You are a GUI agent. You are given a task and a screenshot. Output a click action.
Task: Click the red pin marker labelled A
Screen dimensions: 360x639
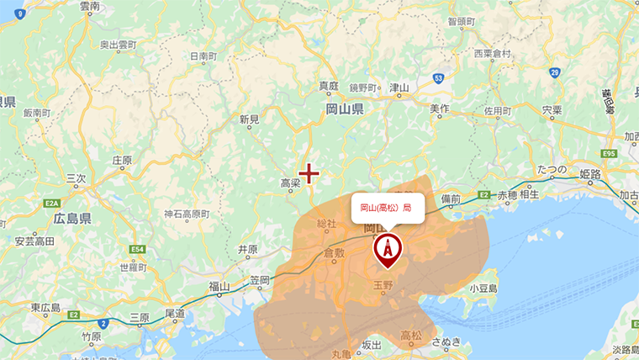coord(388,248)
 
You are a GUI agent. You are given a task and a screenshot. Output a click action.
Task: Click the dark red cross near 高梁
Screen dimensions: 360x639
coord(309,173)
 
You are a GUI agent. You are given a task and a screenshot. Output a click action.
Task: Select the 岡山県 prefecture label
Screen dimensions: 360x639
coord(344,109)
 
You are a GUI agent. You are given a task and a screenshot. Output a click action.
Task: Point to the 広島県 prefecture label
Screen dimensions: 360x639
coord(72,218)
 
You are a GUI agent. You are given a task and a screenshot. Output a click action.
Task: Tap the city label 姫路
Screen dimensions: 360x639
coord(590,174)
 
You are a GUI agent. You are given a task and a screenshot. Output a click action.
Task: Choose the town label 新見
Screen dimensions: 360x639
coord(249,119)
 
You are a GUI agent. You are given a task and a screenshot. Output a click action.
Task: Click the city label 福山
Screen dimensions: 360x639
coord(219,287)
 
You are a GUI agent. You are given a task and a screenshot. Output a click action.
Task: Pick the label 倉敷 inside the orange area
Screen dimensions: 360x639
coord(334,252)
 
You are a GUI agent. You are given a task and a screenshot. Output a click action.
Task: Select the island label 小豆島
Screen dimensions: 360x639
coord(483,288)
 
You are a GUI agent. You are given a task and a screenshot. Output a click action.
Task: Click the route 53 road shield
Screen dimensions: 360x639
coord(439,77)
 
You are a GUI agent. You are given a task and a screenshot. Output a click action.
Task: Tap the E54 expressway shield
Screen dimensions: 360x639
coord(138,250)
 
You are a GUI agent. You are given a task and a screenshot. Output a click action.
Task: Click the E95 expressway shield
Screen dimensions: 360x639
coord(610,154)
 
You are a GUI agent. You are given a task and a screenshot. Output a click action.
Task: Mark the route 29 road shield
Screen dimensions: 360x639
coord(555,72)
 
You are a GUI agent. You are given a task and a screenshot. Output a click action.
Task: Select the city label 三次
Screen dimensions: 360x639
coord(76,178)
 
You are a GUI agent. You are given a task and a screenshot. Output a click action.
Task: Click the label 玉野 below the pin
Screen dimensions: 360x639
coord(383,285)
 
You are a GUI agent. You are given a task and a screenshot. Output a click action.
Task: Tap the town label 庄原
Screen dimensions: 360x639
coord(122,160)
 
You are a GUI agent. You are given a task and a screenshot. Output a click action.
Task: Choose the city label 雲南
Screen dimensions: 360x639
coord(90,7)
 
